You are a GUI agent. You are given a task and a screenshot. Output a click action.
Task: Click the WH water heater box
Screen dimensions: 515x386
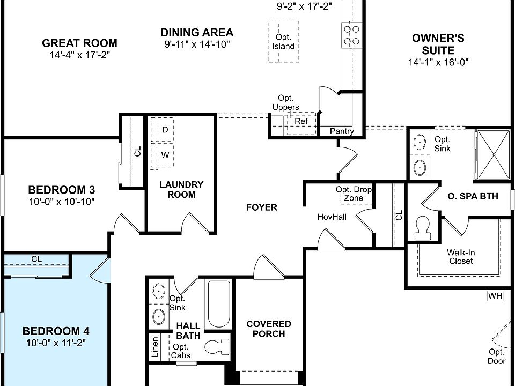point(495,296)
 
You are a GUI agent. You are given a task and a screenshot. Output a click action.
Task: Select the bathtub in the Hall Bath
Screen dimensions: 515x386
point(219,303)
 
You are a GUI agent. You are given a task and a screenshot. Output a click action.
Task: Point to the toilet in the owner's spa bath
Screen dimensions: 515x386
point(422,228)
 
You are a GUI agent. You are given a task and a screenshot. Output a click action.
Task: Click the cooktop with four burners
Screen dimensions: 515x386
point(351,35)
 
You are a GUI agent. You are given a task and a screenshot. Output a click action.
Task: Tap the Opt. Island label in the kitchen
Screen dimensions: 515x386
point(283,42)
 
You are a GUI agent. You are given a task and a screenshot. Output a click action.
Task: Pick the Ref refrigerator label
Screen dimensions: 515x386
point(301,121)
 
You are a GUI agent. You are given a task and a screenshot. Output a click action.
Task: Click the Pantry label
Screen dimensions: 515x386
point(342,131)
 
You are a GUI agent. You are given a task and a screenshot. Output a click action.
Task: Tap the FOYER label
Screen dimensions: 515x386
point(262,207)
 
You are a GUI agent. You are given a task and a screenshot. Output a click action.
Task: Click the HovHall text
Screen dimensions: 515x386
point(332,217)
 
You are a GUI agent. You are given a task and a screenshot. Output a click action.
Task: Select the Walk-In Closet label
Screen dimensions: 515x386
point(461,257)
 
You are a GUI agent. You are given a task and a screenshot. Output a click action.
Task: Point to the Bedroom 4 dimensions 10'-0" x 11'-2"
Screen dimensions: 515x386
point(56,343)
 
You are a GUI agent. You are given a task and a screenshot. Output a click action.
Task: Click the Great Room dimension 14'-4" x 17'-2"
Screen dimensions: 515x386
point(80,55)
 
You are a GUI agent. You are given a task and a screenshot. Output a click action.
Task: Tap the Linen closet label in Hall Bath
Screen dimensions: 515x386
point(154,347)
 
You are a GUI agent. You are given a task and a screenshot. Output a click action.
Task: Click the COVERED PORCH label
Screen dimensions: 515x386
point(269,329)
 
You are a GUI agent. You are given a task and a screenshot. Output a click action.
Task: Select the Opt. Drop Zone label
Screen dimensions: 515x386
point(354,194)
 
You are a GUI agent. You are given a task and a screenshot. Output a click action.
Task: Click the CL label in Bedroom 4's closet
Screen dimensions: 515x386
point(36,259)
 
